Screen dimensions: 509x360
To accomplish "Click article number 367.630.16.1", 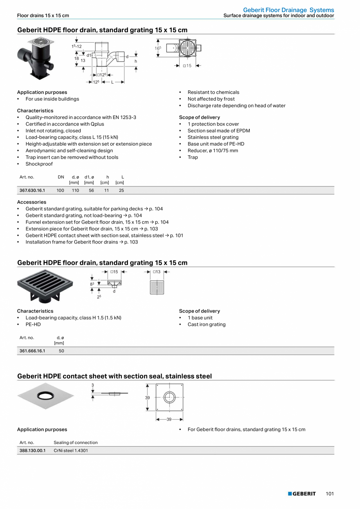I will tap(32, 190).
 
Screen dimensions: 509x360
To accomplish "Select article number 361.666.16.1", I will tap(32, 351).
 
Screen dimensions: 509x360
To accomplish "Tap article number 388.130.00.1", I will tap(32, 450).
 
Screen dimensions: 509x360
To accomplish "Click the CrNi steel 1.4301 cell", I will tap(71, 450).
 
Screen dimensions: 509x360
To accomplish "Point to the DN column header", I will tap(61, 177).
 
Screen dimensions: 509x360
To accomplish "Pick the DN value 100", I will tap(60, 190).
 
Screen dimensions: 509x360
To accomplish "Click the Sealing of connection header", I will tap(76, 442).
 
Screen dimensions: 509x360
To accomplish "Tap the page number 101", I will tap(329, 494).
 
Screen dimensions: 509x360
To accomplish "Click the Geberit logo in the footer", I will tap(302, 494).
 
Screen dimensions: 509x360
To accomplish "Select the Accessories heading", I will tap(32, 202).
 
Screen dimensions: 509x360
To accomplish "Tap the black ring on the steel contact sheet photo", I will tap(45, 396).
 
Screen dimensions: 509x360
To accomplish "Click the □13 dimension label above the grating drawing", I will tap(157, 272).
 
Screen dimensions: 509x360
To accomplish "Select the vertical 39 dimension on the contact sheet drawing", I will tap(148, 397).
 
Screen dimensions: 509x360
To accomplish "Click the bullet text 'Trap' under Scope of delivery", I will tap(193, 157).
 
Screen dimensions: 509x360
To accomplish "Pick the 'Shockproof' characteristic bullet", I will tap(39, 164).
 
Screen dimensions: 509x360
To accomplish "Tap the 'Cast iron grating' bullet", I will tap(206, 324).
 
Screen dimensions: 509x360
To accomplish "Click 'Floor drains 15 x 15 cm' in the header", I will tap(43, 16).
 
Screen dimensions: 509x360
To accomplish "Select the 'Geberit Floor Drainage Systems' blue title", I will tap(288, 10).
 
